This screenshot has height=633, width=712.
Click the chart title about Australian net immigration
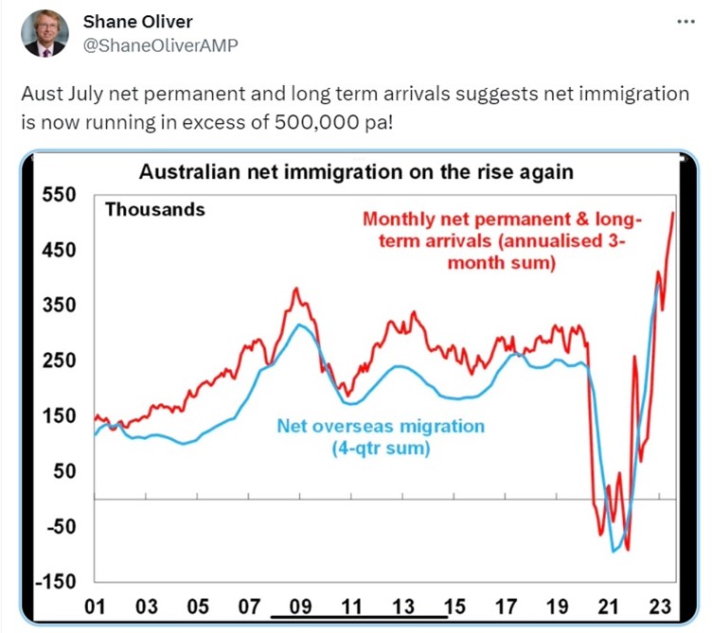(x=356, y=172)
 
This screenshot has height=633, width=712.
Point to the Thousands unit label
(x=154, y=210)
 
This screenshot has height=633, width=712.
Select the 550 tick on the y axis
(x=60, y=195)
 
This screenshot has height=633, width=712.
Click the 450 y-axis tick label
(x=60, y=250)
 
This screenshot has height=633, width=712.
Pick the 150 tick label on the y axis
(x=60, y=415)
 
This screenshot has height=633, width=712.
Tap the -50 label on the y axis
(x=60, y=526)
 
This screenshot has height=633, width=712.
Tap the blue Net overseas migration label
(x=381, y=437)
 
